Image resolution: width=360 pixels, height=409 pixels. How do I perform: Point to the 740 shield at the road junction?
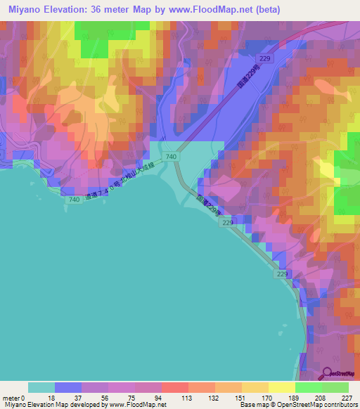tap(172, 155)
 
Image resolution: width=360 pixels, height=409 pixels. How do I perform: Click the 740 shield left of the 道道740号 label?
tap(54, 200)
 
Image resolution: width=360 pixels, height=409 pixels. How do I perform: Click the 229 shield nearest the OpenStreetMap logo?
tap(283, 273)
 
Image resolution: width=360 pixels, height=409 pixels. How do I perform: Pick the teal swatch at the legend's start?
tap(41, 387)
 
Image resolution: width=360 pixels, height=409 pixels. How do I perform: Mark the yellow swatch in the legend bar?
tap(282, 387)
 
